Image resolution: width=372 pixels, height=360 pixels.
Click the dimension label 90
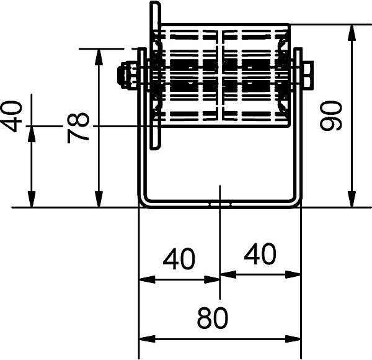330,115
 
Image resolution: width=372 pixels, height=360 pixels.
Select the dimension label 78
78,128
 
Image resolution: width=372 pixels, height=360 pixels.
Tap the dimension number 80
212,318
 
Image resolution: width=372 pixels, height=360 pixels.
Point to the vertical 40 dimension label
11,116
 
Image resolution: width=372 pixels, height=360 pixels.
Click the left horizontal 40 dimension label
179,259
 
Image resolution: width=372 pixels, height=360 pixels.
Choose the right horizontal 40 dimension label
260,254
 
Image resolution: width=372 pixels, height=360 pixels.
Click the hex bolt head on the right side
308,75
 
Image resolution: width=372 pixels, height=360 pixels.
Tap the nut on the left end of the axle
128,75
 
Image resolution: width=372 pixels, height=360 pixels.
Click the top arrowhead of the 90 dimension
352,32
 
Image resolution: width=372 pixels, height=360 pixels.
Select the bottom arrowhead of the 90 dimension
352,199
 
